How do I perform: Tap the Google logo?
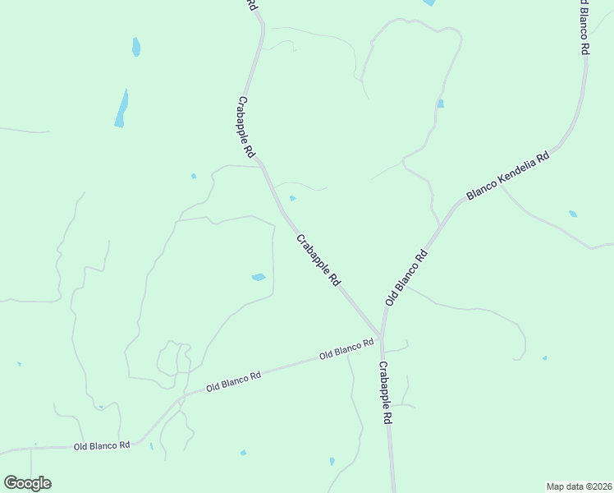pos(27,483)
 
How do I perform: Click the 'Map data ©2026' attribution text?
pos(579,486)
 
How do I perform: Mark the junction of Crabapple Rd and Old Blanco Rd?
pos(381,338)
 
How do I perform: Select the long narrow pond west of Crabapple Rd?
pos(121,108)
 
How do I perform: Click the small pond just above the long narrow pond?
pos(136,47)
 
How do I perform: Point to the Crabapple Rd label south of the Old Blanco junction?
pos(385,392)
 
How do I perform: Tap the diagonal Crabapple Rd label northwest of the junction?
pos(318,260)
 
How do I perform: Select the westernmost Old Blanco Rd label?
pos(102,445)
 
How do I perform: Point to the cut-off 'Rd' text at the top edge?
pos(252,5)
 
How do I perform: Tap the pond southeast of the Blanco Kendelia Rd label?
pos(573,214)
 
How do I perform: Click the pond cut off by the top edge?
pos(428,2)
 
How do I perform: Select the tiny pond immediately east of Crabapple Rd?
pos(293,198)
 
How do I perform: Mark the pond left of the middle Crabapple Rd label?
pos(258,277)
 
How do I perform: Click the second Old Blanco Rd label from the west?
pos(233,380)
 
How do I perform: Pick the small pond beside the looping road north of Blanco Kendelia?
pos(441,104)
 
